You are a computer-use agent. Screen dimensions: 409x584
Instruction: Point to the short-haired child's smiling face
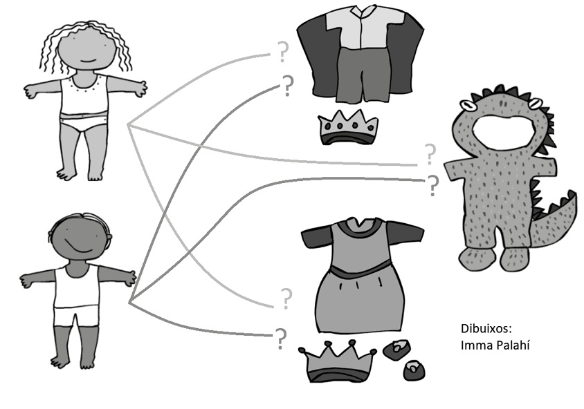tap(79, 238)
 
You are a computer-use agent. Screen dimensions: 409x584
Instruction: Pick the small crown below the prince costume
tap(348, 129)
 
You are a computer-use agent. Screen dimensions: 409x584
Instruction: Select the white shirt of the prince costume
tap(359, 30)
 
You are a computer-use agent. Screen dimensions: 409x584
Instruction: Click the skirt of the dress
tap(360, 297)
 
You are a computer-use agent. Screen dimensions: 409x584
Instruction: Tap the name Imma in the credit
tap(475, 343)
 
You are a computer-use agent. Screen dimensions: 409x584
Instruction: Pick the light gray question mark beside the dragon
tap(430, 153)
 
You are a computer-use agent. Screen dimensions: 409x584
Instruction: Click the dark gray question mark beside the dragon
tap(433, 185)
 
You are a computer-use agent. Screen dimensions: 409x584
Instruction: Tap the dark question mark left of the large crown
tap(280, 338)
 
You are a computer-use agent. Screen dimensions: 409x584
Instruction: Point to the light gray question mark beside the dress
tap(285, 298)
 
